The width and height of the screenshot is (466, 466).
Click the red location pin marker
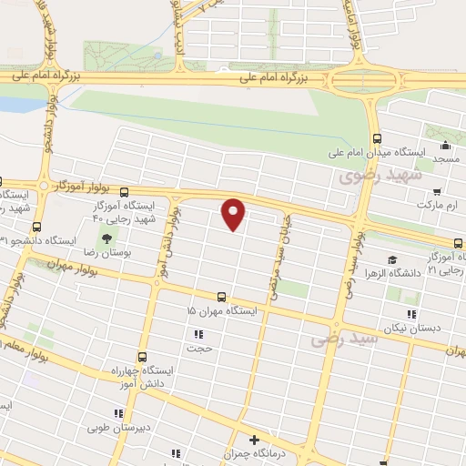[234, 214]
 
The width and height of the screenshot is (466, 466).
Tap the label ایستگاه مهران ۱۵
[223, 311]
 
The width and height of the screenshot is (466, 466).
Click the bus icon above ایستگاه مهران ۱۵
[222, 297]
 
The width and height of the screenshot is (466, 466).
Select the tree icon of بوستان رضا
[107, 238]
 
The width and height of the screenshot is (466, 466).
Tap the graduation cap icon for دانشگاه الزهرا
[392, 260]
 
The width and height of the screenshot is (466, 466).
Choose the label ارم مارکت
[438, 206]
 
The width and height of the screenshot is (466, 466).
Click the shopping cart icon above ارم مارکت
[437, 192]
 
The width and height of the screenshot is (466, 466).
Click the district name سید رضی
[343, 339]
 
